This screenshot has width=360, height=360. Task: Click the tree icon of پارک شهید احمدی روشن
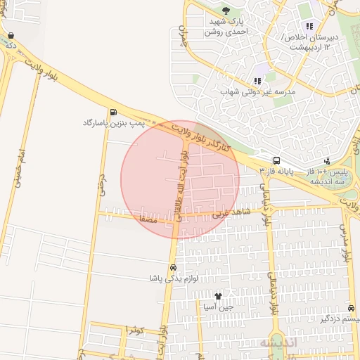pos(226,11)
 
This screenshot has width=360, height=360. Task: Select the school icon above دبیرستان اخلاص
pos(309,26)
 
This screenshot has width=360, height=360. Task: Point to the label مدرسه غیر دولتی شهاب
pos(264,92)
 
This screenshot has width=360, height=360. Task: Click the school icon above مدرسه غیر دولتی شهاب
pos(257,81)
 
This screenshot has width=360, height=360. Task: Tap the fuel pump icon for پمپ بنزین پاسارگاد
pos(113,112)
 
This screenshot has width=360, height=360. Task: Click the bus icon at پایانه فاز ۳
pos(276,161)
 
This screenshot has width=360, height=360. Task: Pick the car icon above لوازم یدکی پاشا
pos(172,268)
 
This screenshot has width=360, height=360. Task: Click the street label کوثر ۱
pos(135,330)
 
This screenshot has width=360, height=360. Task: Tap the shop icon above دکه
pos(11,35)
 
